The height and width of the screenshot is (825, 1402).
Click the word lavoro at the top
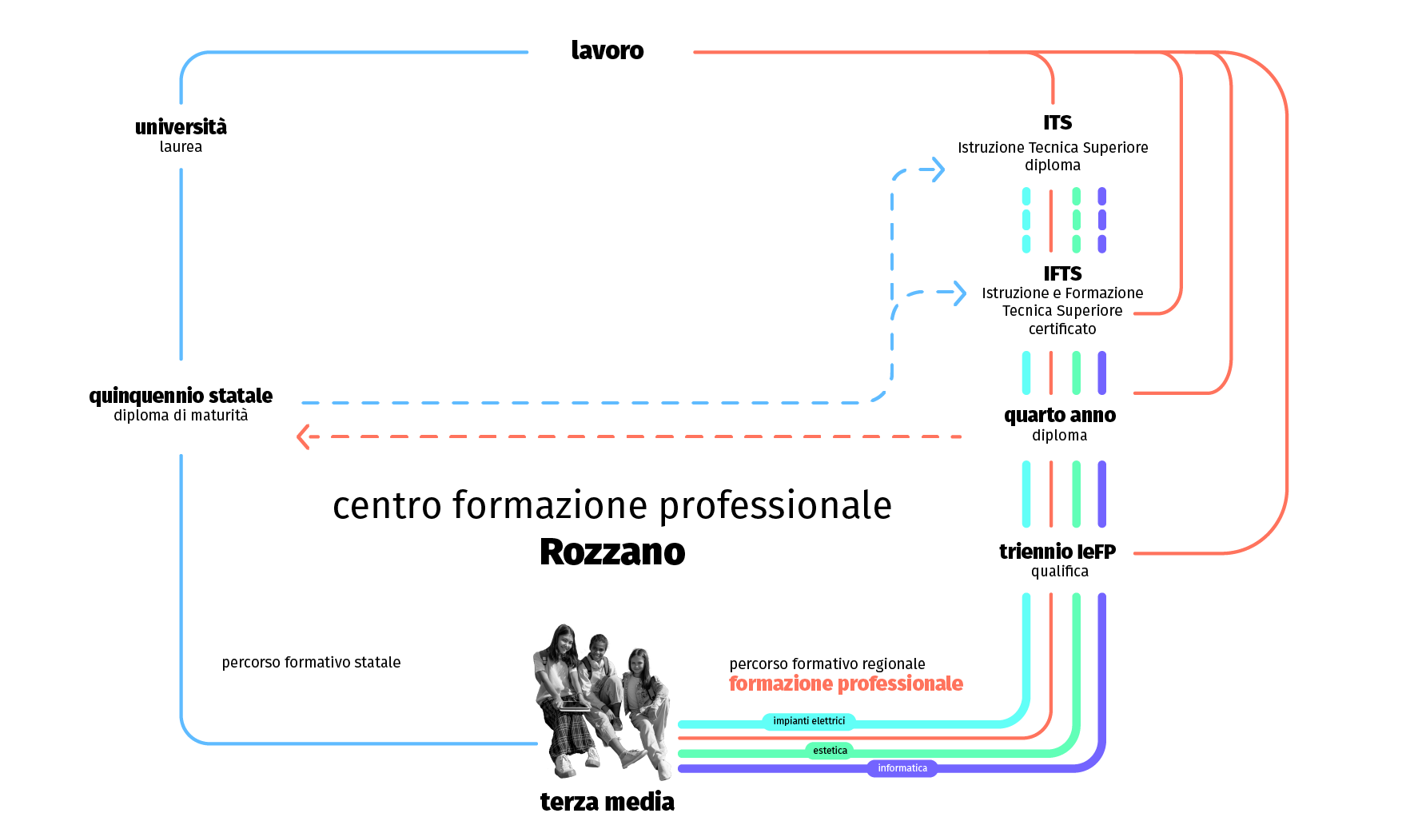[x=607, y=50]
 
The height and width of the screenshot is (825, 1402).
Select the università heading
[x=181, y=127]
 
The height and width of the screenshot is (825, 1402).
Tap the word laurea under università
[x=181, y=147]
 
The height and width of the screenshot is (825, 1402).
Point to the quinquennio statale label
[x=181, y=396]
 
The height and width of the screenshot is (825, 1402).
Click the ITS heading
[x=1057, y=123]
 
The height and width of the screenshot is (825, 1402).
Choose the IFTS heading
[x=1062, y=274]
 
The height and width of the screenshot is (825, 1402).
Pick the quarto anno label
[x=1060, y=416]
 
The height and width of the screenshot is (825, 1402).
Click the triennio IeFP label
[x=1057, y=552]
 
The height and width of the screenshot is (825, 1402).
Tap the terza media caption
[x=607, y=801]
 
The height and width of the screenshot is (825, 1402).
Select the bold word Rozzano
[x=612, y=552]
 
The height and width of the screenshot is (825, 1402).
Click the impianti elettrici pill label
[x=809, y=721]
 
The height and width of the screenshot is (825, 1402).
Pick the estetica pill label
[x=830, y=751]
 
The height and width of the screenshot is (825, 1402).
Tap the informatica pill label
[x=902, y=768]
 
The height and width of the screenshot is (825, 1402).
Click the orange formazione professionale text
[x=846, y=684]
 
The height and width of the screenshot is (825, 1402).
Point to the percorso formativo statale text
[x=311, y=663]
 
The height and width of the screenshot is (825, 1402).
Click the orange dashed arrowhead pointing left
[x=304, y=436]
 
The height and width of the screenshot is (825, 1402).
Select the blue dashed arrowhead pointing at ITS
[x=935, y=169]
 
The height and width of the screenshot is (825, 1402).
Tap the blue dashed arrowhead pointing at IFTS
[x=957, y=293]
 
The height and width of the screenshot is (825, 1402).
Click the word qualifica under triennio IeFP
[x=1060, y=572]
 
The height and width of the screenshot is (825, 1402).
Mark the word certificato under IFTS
[x=1062, y=329]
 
